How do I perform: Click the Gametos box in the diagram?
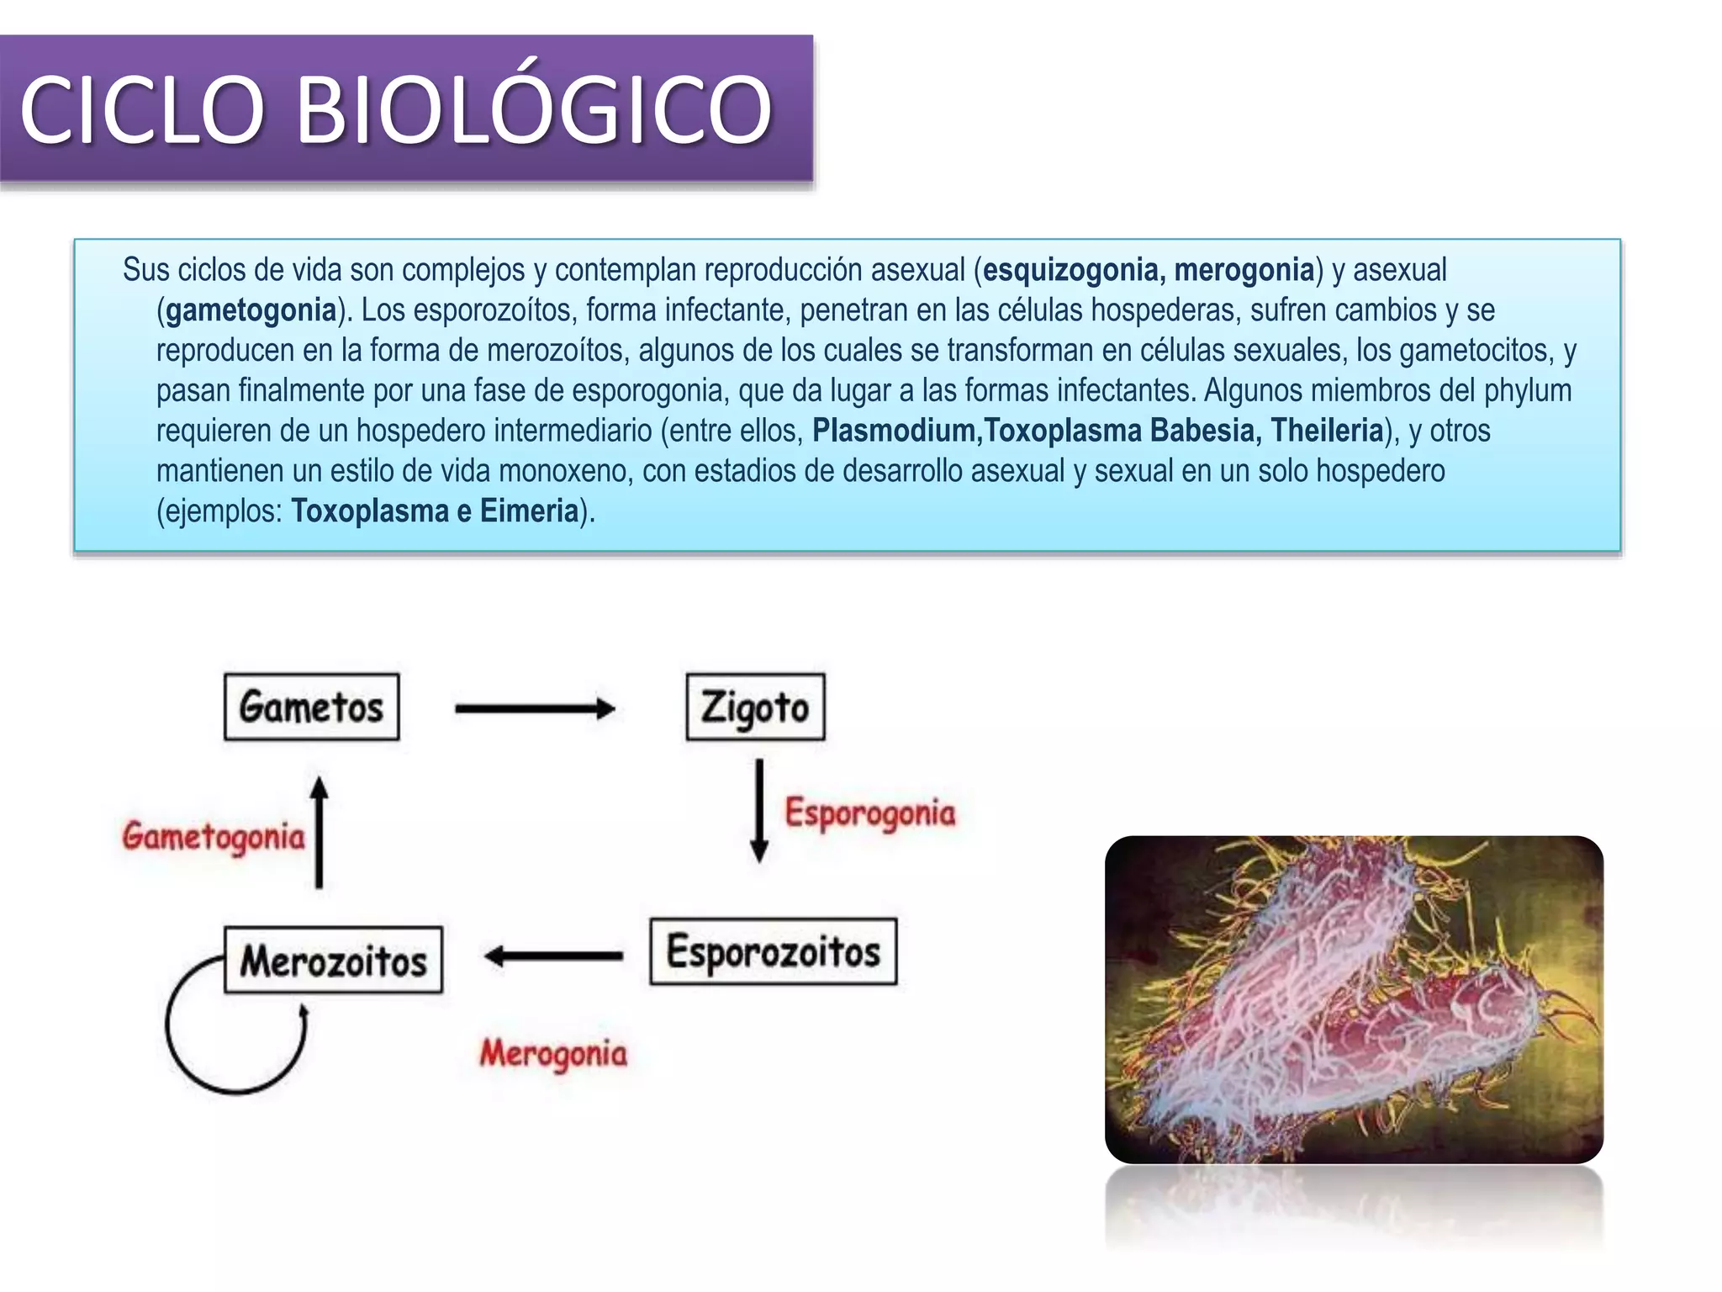click(x=311, y=707)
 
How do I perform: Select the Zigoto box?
click(x=755, y=707)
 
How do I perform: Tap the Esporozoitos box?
click(x=773, y=951)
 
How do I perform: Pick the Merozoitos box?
click(x=333, y=960)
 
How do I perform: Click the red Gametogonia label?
click(x=214, y=836)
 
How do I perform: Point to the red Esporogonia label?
click(x=870, y=813)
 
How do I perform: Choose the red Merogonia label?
click(x=553, y=1053)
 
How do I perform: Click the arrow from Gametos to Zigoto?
click(x=535, y=708)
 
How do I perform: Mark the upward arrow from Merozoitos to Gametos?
click(x=319, y=832)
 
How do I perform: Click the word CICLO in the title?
click(x=142, y=109)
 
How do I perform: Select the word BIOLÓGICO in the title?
click(x=535, y=109)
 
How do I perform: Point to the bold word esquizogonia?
click(x=1072, y=270)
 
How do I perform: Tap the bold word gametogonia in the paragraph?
click(x=251, y=310)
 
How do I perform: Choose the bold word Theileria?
click(x=1326, y=431)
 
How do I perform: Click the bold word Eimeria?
click(x=529, y=511)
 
